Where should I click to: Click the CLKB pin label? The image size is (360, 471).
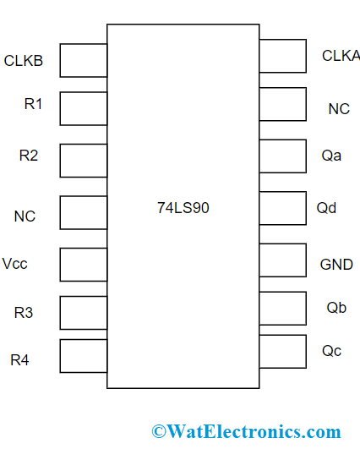click(24, 61)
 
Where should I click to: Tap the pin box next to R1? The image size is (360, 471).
click(84, 108)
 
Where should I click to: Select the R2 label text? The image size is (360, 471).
click(29, 155)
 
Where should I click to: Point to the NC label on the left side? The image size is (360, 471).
click(25, 216)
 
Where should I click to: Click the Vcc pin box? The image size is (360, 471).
click(84, 264)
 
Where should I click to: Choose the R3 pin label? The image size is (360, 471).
click(24, 313)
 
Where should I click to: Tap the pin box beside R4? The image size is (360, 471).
click(84, 355)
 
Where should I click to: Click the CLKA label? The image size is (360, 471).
click(341, 56)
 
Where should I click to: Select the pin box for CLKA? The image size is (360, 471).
click(282, 56)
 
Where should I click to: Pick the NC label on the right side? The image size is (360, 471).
click(339, 109)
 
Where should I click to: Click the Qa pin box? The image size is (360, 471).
click(282, 156)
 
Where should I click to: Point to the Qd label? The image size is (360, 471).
click(326, 208)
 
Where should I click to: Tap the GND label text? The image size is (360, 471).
click(336, 265)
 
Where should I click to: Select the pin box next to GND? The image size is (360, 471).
click(282, 260)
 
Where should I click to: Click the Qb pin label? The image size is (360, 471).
click(336, 308)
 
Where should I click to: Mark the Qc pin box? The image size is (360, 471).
click(282, 351)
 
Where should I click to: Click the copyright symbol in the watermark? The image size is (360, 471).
click(158, 432)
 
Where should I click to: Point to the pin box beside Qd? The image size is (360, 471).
click(282, 208)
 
